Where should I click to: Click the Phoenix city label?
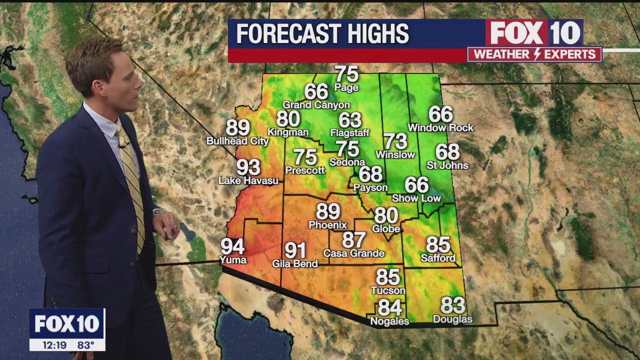(327, 225)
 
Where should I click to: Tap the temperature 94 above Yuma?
(232, 246)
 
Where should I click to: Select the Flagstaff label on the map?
(350, 133)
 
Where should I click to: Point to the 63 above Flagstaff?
(350, 120)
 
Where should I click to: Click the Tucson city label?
(388, 290)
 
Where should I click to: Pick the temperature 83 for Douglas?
(452, 305)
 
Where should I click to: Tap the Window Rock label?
(440, 128)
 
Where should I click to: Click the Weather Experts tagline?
(534, 54)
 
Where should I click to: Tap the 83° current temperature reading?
(85, 345)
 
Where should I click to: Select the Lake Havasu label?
(248, 181)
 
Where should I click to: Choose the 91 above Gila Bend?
(295, 250)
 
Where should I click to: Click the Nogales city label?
(390, 321)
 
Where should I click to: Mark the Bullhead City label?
(237, 141)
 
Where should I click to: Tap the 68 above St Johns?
(447, 152)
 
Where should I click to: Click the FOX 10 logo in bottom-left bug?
(67, 324)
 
